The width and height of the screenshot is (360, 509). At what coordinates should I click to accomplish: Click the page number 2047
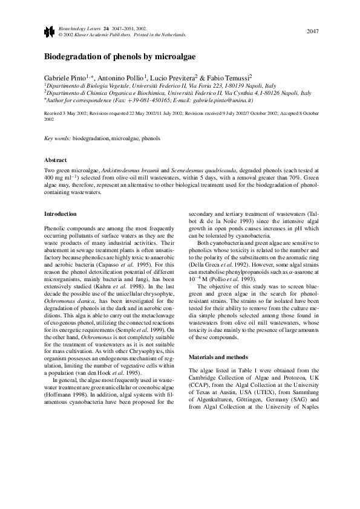[312, 31]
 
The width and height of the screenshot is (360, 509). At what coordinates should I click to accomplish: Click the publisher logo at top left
[49, 32]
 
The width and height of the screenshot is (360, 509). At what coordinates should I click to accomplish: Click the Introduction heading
[61, 213]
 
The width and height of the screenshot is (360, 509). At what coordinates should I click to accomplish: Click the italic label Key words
[57, 138]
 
